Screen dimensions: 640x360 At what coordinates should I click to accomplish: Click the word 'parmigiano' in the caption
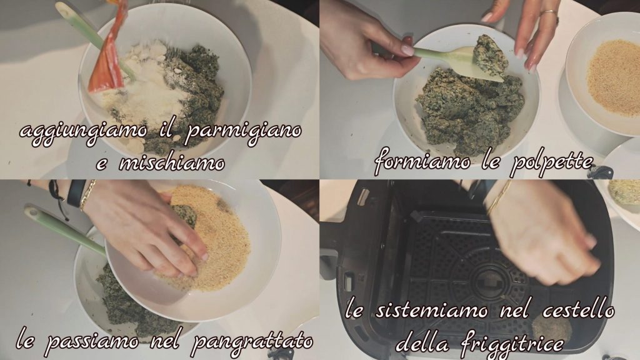click(244, 131)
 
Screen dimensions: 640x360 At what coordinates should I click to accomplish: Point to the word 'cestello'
click(579, 310)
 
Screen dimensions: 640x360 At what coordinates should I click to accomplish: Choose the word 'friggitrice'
click(512, 343)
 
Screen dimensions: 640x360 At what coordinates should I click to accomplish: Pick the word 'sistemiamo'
click(431, 310)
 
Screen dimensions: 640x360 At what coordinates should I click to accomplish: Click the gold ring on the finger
click(549, 14)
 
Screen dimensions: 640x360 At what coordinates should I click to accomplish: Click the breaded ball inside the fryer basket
click(551, 330)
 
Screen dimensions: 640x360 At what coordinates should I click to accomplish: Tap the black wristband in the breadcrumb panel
click(77, 192)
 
